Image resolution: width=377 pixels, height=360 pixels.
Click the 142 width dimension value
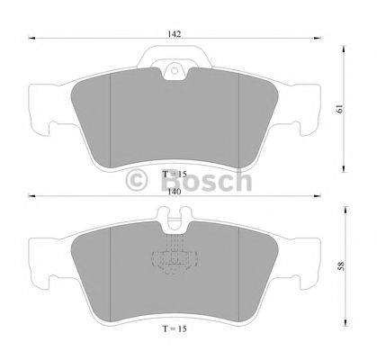pos(174,33)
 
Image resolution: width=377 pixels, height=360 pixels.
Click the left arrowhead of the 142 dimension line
pos(30,40)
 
